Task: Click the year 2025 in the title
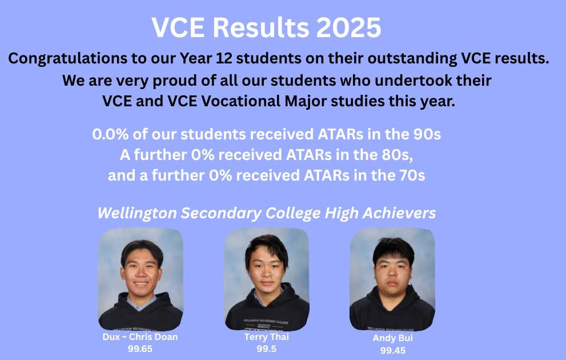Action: pos(348,27)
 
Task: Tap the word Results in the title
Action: pos(261,27)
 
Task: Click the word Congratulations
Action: pos(68,58)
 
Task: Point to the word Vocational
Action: pos(242,101)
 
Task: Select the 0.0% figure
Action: pos(110,134)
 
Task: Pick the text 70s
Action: pos(412,175)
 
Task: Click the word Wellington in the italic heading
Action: pos(137,213)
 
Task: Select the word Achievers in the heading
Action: pos(399,213)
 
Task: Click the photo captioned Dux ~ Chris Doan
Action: pos(141,279)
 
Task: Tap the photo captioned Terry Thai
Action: pos(267,279)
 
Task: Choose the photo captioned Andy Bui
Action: pos(392,279)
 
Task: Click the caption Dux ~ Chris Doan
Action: pos(140,337)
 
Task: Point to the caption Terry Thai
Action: pos(266,337)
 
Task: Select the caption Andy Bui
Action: pos(393,338)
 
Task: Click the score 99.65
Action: pos(140,349)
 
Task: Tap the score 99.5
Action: pos(266,349)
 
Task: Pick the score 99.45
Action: pos(393,351)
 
